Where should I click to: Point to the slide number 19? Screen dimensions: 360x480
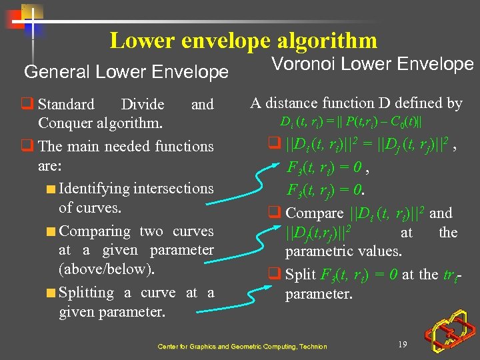[x=402, y=344]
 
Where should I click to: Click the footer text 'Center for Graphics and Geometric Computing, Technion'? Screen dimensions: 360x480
[x=242, y=347]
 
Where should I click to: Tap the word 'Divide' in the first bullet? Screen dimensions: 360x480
[x=142, y=105]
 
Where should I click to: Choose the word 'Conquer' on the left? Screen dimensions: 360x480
[x=65, y=123]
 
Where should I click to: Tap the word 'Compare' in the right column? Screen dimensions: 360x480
[x=314, y=213]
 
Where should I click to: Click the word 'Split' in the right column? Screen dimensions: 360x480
[x=301, y=275]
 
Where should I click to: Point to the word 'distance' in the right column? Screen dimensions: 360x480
[x=293, y=103]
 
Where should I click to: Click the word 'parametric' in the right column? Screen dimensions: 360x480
[x=319, y=251]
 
